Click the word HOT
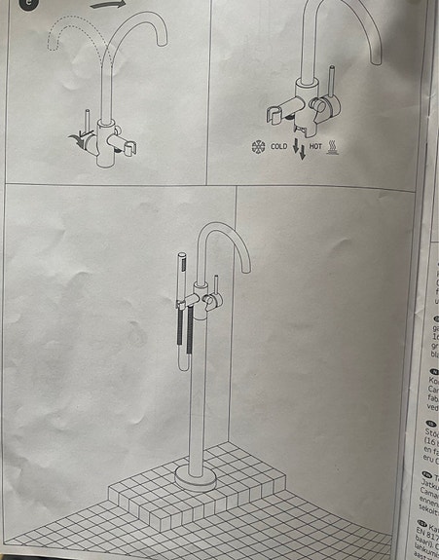pyautogui.click(x=316, y=148)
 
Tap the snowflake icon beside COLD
pyautogui.click(x=258, y=148)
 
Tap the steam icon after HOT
pyautogui.click(x=334, y=148)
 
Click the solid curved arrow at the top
pyautogui.click(x=109, y=4)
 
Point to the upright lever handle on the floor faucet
pyautogui.click(x=216, y=286)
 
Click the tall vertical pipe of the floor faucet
pyautogui.click(x=199, y=390)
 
